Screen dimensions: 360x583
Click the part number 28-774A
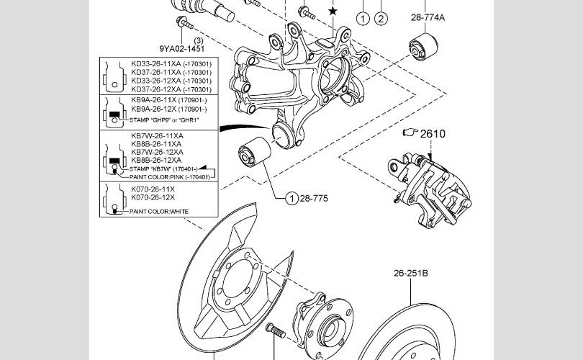click(428, 17)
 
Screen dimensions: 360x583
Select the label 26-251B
click(410, 274)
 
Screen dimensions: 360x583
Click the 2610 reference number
click(433, 133)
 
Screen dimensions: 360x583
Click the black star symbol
click(332, 11)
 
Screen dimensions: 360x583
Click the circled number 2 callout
click(381, 17)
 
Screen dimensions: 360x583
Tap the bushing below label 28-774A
click(420, 45)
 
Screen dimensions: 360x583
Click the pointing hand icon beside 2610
click(410, 133)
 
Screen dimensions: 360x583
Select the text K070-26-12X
click(153, 197)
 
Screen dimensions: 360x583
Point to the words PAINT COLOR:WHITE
click(159, 212)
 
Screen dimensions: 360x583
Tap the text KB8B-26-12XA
click(157, 160)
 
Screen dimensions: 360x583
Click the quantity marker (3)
click(178, 41)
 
